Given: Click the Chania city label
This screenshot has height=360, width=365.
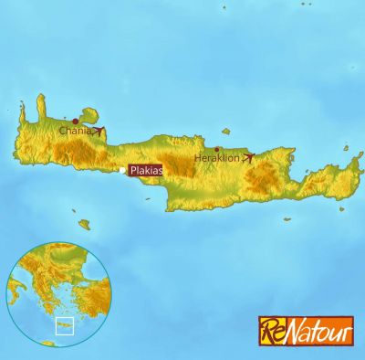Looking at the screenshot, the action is click(74, 131).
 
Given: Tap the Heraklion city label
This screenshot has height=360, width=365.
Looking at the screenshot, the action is click(216, 158).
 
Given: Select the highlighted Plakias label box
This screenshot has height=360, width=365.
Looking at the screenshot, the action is click(146, 170).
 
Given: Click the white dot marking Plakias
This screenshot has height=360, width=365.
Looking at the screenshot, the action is click(122, 170).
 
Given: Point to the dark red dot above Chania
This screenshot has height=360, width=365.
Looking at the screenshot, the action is click(75, 121).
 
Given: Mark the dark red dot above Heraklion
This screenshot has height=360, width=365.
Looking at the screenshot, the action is click(217, 149).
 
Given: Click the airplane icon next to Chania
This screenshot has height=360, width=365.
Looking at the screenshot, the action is click(98, 131).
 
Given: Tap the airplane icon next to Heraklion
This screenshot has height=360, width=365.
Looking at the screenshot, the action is click(248, 158).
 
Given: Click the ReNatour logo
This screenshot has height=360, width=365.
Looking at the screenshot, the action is click(304, 330).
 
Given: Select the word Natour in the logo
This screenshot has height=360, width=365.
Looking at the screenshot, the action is click(317, 330).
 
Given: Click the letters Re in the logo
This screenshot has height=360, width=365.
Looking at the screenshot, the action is click(272, 330).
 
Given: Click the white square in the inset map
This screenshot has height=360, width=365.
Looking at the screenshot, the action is click(64, 326).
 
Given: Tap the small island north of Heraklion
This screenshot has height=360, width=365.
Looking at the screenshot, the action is click(225, 132).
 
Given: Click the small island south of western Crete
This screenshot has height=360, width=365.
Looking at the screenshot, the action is click(84, 224).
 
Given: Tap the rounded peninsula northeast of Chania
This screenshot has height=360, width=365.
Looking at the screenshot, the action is click(89, 114).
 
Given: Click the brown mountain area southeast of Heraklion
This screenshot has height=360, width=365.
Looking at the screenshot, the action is click(263, 177).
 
